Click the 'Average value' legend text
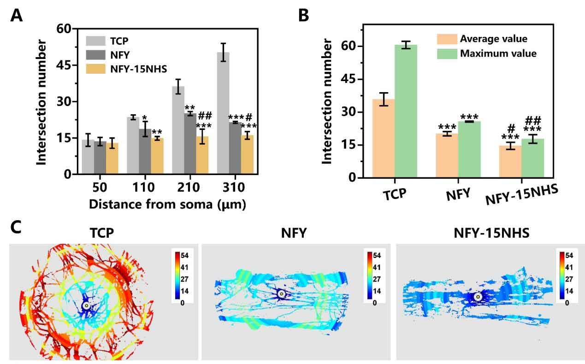click(x=493, y=39)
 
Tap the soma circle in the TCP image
click(x=86, y=305)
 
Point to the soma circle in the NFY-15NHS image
click(x=479, y=297)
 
